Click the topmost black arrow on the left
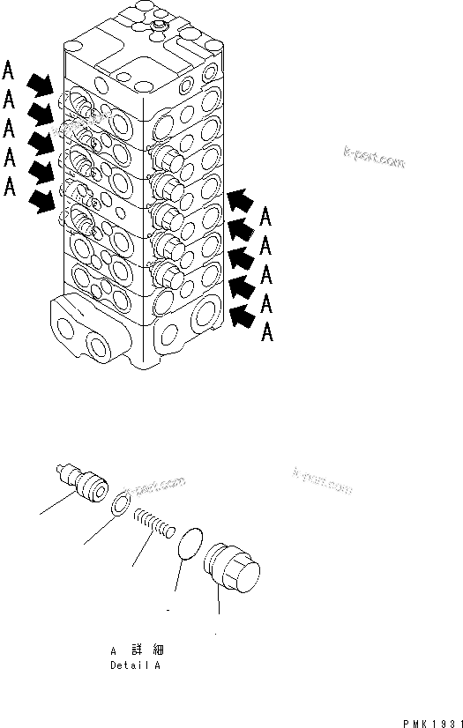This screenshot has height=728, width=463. tap(39, 85)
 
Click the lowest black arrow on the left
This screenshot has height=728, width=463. tap(40, 202)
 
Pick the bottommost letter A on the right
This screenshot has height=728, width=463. tap(267, 332)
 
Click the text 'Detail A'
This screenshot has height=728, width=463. tap(135, 666)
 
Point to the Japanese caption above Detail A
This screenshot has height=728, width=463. tap(134, 650)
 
